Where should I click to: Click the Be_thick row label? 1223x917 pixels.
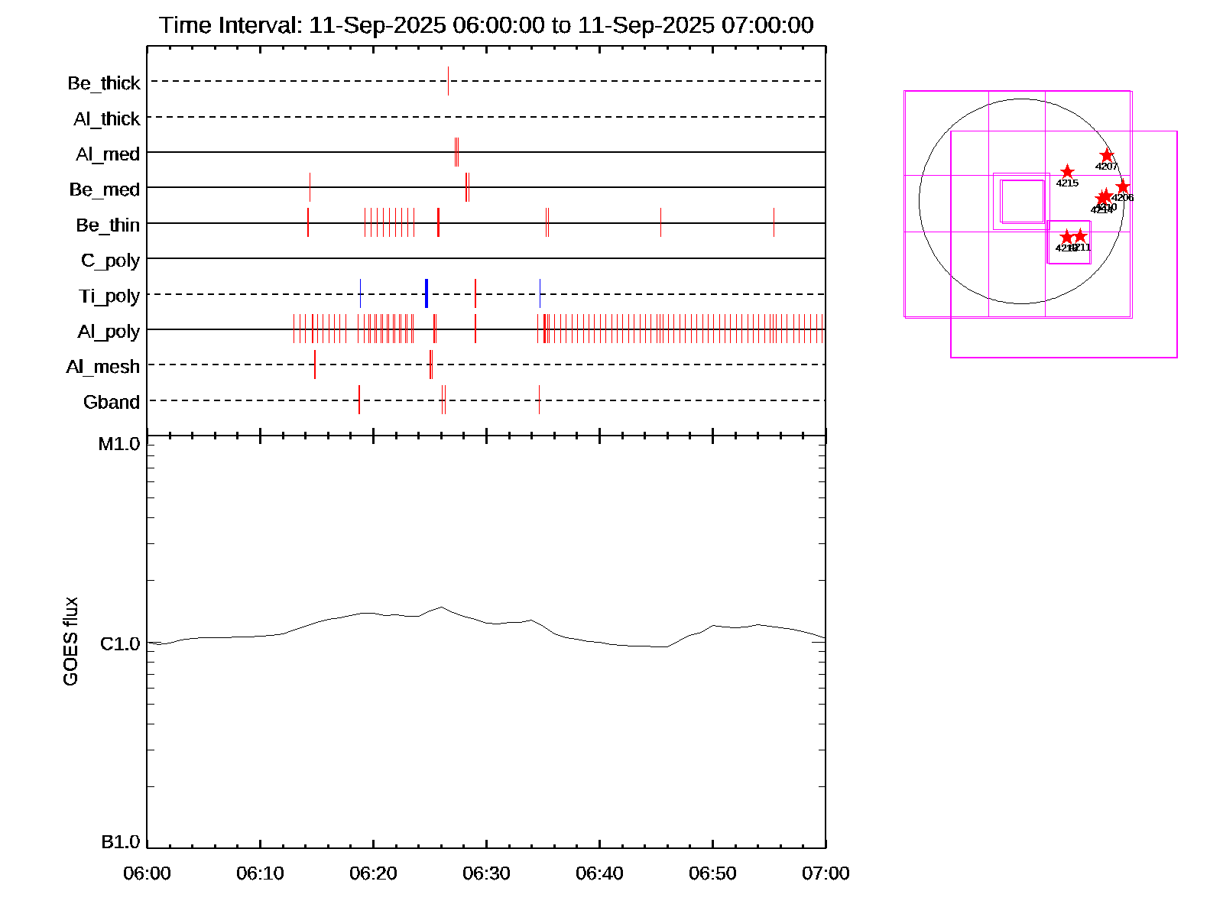tap(104, 83)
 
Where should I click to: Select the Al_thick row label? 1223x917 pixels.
tap(107, 118)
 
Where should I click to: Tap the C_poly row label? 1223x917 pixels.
tap(110, 261)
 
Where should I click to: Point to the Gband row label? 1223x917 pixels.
tap(112, 402)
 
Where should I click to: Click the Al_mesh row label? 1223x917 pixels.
tap(103, 367)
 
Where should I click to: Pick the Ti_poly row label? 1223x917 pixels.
tap(109, 296)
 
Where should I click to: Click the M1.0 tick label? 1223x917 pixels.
tap(119, 444)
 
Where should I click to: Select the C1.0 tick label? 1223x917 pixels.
tap(120, 644)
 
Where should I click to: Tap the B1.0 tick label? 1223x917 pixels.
tap(121, 842)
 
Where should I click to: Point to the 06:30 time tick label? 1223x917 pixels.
tap(486, 873)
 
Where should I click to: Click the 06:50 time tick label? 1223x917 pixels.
tap(712, 873)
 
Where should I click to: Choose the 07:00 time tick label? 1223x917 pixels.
tap(826, 873)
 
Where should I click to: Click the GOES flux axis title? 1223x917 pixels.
tap(70, 641)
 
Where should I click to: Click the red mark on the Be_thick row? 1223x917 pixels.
tap(448, 81)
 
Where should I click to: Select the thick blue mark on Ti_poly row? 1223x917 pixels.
tap(426, 294)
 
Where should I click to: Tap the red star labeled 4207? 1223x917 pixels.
tap(1107, 156)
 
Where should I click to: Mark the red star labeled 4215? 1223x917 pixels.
tap(1067, 172)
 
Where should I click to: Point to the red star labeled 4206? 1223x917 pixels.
tap(1122, 187)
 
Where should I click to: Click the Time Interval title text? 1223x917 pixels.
tap(486, 25)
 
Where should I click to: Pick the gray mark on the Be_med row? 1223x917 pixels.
tap(310, 187)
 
